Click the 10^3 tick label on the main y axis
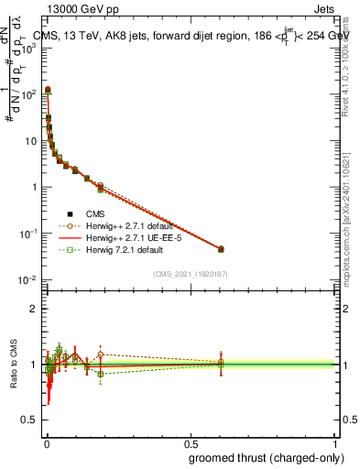pyautogui.click(x=27, y=48)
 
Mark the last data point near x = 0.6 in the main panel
pyautogui.click(x=221, y=249)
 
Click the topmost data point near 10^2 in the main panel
pyautogui.click(x=48, y=90)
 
